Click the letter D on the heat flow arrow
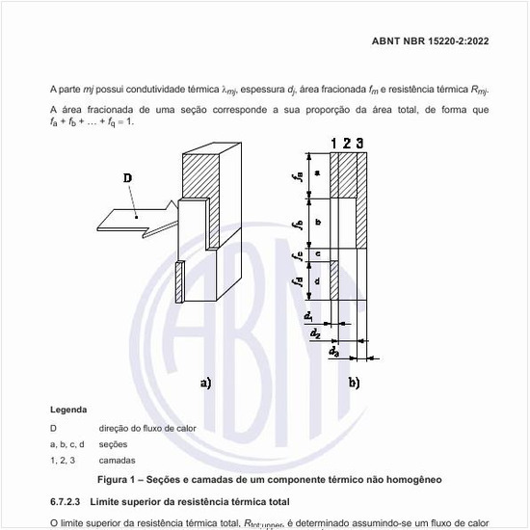tap(128, 178)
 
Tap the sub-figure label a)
tap(204, 382)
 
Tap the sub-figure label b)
tap(354, 382)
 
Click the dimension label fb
tap(299, 224)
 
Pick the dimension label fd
tap(299, 280)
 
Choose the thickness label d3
tap(333, 350)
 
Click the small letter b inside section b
tap(318, 222)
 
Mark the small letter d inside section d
tap(318, 278)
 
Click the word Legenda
tap(68, 410)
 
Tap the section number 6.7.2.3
tap(69, 502)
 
